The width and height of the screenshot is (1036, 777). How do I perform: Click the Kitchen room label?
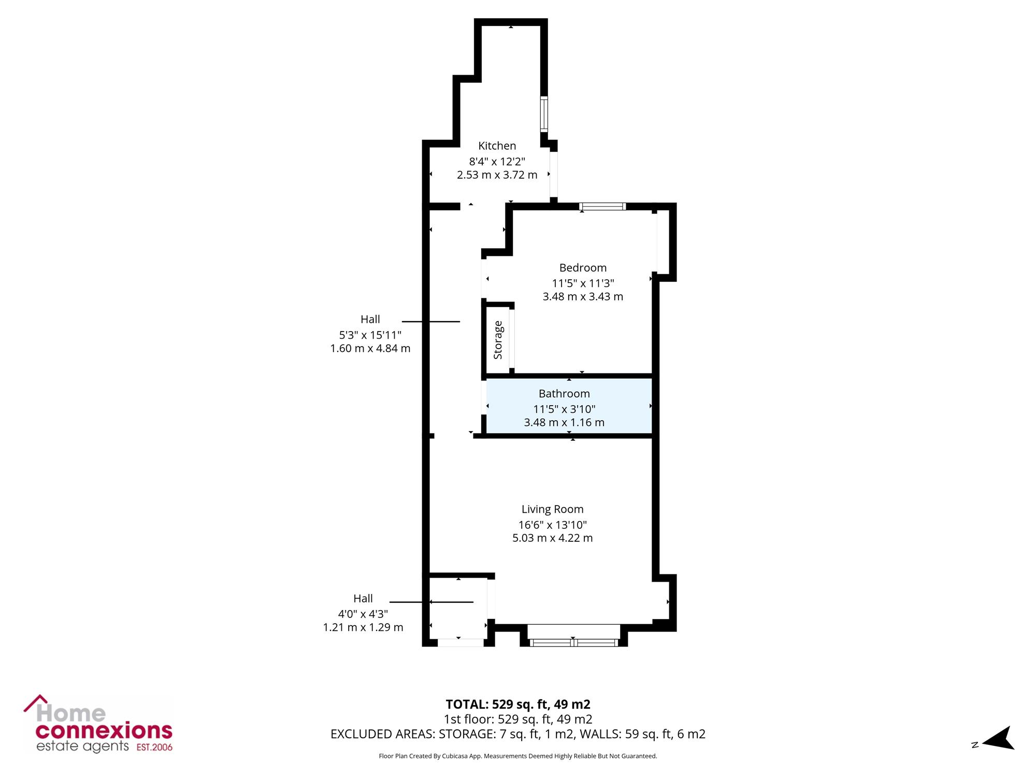coord(497,146)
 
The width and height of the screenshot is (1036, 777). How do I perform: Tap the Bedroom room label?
coord(583,268)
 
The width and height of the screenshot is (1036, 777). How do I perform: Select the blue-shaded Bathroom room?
coord(569,406)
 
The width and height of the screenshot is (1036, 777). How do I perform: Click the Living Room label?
coord(552,509)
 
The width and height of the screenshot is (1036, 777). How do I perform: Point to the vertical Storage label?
coord(498,340)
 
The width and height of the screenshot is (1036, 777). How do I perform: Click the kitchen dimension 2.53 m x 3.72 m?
coord(497,175)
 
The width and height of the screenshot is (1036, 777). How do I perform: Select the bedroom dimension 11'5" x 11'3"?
coord(583,283)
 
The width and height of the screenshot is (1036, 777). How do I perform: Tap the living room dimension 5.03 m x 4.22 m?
coord(552,538)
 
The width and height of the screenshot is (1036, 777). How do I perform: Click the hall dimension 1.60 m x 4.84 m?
coord(370,349)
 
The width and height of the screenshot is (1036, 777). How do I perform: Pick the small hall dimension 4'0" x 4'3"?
coord(363,614)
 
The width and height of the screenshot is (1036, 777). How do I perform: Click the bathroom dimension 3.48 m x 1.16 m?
coord(564,423)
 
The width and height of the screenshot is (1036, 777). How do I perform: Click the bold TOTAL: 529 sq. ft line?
coord(518,704)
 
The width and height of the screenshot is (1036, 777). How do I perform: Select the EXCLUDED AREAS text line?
coord(518,734)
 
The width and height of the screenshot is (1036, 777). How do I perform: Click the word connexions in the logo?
coord(104,731)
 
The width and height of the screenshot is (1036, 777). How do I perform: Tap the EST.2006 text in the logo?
coord(154,747)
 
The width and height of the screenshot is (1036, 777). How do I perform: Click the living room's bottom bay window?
coord(574,642)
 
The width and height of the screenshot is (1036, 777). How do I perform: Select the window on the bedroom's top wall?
coord(602,207)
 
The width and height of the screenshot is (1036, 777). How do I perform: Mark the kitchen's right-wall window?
coord(544,113)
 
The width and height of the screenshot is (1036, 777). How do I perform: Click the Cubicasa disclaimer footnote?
coord(518,756)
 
